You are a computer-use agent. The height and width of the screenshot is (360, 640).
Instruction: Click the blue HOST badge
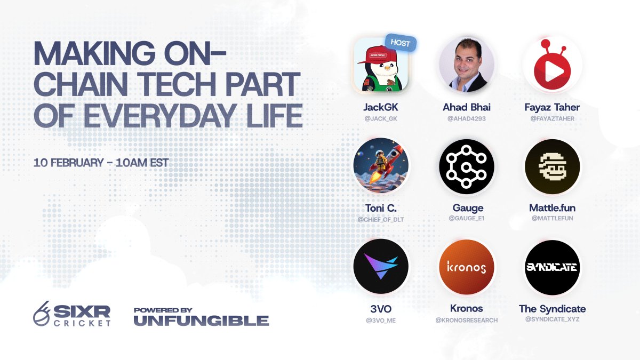tap(400, 43)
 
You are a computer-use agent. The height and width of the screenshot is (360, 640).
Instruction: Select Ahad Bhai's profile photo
tap(466, 65)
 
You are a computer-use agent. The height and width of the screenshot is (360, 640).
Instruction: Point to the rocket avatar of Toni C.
tap(381, 165)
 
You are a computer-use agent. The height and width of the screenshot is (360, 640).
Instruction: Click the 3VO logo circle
tap(381, 266)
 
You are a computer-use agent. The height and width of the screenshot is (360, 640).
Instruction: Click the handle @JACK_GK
tap(381, 118)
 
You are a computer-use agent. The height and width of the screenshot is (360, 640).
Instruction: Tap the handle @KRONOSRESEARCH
tap(466, 320)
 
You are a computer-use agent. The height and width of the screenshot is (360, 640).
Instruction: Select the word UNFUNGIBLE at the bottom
tap(201, 321)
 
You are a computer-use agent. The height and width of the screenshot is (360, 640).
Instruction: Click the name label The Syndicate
tap(552, 309)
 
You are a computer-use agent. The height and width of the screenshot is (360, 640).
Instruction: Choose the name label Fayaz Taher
tap(552, 107)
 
